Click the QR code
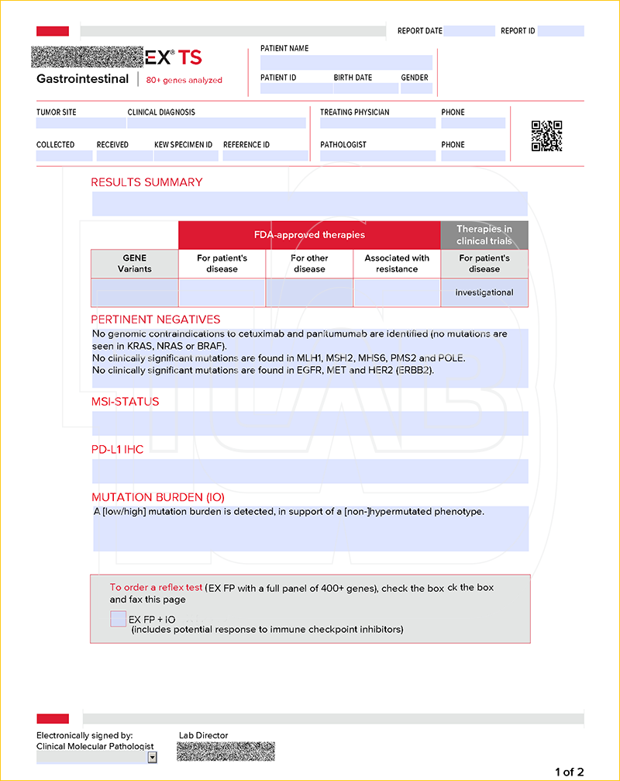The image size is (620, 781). [546, 136]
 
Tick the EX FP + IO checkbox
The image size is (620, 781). [118, 619]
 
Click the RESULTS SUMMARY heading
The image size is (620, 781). [146, 182]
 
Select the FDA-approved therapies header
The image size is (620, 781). [309, 235]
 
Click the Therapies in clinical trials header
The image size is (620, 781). [484, 235]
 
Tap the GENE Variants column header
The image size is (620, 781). [134, 264]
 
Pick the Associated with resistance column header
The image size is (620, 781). [397, 264]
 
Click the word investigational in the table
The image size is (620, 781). [484, 292]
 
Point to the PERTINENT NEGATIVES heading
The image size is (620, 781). [156, 320]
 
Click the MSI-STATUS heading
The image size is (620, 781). [126, 402]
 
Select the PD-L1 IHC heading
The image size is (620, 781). [118, 450]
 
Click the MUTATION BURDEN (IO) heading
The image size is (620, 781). [158, 497]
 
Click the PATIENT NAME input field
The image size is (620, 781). [346, 62]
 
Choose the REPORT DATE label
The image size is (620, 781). [419, 31]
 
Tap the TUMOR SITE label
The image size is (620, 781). [57, 112]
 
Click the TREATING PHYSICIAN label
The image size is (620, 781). [355, 112]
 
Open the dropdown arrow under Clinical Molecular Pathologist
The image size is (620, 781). [152, 758]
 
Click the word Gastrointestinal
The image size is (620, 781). [83, 79]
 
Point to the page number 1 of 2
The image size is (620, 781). [569, 772]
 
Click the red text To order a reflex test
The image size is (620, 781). [156, 588]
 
